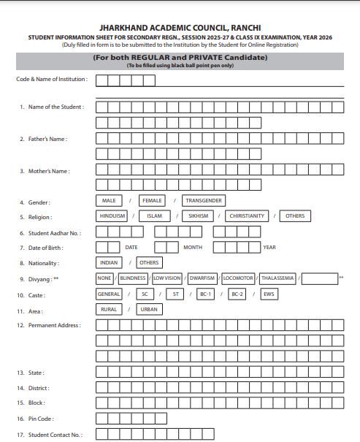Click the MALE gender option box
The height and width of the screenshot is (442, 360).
pos(108,200)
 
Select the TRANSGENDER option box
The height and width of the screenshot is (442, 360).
pos(204,200)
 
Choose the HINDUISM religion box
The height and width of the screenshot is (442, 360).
pos(112,216)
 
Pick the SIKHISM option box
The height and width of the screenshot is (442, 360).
pos(198,216)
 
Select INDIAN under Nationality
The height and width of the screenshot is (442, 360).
pos(108,262)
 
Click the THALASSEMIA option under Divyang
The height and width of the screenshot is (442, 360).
pos(278,278)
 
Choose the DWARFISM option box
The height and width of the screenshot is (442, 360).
pos(202,278)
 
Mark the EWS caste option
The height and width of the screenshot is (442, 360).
pos(269,294)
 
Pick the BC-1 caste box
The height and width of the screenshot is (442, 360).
pos(205,294)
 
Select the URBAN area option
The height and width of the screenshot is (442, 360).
pos(148,310)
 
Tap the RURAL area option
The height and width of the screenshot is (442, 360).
pos(108,310)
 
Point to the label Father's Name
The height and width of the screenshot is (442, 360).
pos(47,139)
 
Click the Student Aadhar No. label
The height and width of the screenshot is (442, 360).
pos(55,233)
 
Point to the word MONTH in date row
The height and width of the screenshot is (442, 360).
pos(193,248)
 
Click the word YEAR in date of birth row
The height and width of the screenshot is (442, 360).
pos(269,248)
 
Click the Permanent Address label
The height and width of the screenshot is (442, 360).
pos(54,325)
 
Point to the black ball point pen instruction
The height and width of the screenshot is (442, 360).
pos(180,66)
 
